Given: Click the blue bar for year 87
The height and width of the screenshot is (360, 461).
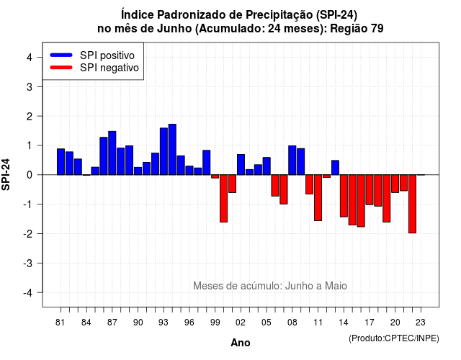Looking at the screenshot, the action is coord(112,153).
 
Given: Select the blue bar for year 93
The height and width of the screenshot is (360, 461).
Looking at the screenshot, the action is coord(164,151).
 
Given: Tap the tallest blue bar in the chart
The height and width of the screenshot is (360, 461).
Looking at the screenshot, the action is coord(172,149).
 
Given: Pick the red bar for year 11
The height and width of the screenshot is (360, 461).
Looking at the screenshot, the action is coord(318,198).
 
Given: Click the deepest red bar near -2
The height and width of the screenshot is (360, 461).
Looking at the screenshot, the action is coord(412,204).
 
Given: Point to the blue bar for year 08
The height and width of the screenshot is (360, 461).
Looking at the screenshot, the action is coord(292,160).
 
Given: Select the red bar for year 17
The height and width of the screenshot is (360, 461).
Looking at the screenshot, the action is coord(370,190).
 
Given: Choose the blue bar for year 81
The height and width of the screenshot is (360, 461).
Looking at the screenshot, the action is coord(61,161).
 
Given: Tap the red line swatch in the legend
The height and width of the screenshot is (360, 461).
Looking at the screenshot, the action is coord(61,67).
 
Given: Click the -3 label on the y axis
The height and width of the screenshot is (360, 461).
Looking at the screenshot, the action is coord(28,264).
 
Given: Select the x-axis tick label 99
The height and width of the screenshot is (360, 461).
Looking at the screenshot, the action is coord(215,323).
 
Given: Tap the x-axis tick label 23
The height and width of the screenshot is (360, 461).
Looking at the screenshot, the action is coord(421,323).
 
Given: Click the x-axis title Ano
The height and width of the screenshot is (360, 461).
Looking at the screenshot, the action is coord(241,343).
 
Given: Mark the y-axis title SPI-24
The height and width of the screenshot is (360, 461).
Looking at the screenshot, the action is coord(6,174).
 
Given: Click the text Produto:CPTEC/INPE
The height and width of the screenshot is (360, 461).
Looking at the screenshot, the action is coord(394,338).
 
